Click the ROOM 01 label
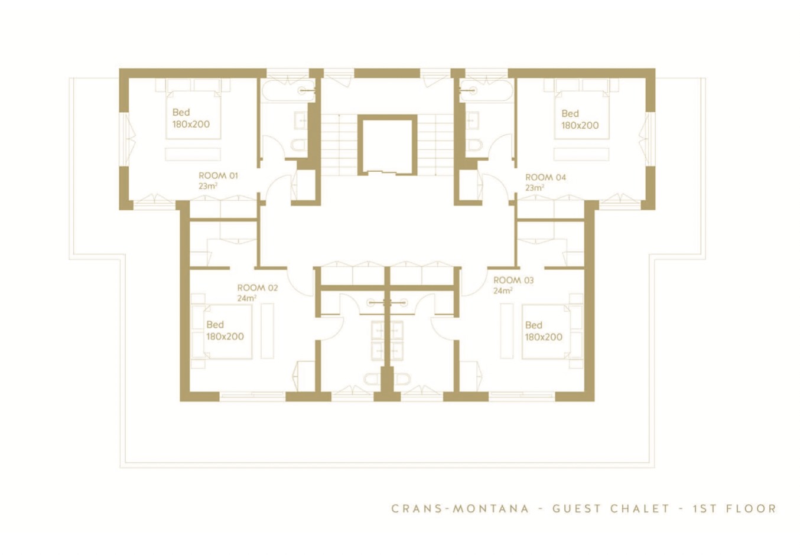click(218, 175)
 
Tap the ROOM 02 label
click(257, 288)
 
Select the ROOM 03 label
click(513, 280)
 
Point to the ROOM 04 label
click(545, 177)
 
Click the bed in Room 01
click(193, 115)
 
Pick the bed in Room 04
click(581, 115)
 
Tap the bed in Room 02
click(227, 332)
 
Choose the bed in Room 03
click(546, 332)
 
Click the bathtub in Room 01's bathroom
click(288, 91)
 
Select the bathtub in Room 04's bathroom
click(487, 91)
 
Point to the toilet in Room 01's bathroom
click(298, 145)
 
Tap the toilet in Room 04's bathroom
click(474, 145)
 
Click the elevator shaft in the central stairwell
click(387, 145)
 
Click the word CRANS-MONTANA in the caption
click(460, 508)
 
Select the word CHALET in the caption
click(639, 508)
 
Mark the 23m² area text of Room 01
click(208, 186)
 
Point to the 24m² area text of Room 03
click(503, 290)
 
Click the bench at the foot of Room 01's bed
click(193, 155)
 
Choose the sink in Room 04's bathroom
click(474, 120)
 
